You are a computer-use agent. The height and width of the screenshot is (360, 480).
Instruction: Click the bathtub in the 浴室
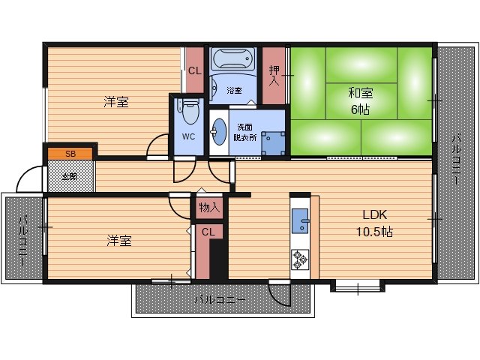point(233,58)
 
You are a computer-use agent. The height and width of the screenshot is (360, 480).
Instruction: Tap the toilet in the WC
point(190,112)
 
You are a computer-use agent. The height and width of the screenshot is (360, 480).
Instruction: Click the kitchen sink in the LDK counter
point(300,220)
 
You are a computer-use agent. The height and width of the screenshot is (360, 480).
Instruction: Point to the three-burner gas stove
point(300,259)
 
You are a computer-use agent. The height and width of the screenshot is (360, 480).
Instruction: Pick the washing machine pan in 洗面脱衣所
point(273,143)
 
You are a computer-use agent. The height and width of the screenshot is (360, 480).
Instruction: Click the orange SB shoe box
point(70,154)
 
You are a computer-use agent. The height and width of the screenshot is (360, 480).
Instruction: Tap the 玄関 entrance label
point(70,177)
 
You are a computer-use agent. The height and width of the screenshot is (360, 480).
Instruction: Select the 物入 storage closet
point(209,208)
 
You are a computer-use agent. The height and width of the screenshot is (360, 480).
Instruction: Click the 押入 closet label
point(274,75)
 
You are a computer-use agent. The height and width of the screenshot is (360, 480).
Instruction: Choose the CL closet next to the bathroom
point(195,70)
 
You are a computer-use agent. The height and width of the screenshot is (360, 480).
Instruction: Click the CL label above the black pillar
point(208,232)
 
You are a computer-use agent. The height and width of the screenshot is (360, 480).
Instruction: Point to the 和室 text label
point(361,93)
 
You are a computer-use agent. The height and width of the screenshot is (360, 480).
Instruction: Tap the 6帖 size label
point(360,109)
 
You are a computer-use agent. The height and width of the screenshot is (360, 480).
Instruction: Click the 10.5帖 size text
point(374,232)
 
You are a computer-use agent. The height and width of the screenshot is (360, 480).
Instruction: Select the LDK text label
point(375,215)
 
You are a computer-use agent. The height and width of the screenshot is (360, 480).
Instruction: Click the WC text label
point(188,136)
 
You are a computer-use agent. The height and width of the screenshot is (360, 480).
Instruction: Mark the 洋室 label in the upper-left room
point(116,102)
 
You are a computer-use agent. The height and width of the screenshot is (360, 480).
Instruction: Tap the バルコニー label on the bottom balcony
point(220,299)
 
